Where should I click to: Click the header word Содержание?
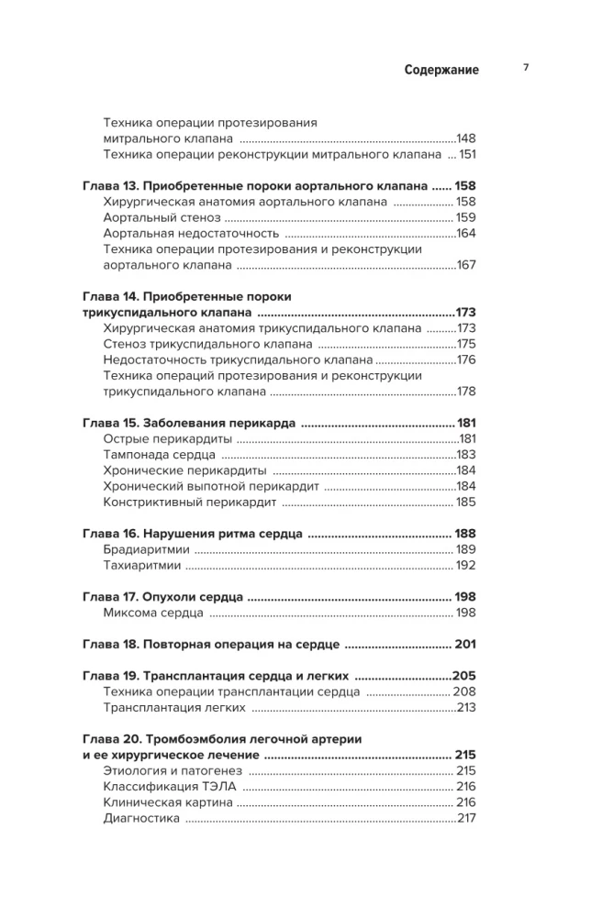441,70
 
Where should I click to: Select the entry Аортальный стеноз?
161,217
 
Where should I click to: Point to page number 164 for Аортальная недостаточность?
466,234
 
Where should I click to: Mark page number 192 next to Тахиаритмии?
465,566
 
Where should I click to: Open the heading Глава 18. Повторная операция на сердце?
211,644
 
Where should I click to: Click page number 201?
465,644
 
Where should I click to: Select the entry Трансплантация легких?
174,708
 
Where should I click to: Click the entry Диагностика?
142,819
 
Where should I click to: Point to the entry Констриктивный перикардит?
188,502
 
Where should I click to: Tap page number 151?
467,155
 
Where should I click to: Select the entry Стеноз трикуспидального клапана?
207,344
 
